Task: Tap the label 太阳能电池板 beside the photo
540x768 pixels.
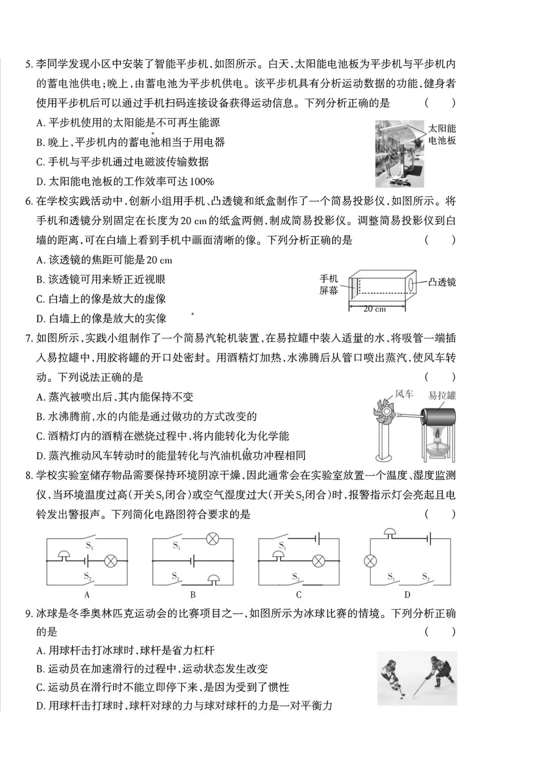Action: [442, 134]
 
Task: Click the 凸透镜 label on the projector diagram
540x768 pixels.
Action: [442, 282]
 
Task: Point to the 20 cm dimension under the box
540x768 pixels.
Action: [374, 309]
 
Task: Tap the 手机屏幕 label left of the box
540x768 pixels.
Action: [329, 284]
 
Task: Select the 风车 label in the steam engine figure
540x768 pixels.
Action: [404, 394]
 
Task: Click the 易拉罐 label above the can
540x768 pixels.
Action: [442, 396]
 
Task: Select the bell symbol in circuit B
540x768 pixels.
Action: [213, 579]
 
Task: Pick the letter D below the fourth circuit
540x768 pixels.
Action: [407, 595]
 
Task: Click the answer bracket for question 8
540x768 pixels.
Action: [440, 514]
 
